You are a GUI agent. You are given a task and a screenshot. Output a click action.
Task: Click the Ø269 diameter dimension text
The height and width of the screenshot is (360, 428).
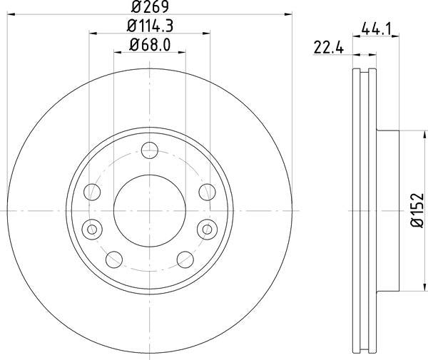pos(149,8)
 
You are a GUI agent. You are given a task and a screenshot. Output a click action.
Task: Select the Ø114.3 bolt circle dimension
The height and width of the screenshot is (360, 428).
pos(150,27)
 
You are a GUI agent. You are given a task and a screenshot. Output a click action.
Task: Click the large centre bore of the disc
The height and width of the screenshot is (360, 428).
pos(150,210)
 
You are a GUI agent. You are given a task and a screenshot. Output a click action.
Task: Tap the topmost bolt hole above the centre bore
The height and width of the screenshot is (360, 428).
pos(150,150)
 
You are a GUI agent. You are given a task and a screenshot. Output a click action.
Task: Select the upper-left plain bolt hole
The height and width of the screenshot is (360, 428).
pos(93,191)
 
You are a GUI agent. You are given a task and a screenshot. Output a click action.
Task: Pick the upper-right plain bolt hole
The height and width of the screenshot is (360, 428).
pos(207,191)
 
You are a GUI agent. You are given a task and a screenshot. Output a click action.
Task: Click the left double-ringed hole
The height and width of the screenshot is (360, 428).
pos(91,229)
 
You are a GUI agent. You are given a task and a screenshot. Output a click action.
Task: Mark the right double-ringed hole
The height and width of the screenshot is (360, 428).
pos(208,229)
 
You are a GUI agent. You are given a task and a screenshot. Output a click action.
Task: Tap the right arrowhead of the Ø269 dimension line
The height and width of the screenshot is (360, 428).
pos(289,14)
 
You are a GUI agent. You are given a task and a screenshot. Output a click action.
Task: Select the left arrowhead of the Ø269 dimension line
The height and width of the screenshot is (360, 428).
pos(11,14)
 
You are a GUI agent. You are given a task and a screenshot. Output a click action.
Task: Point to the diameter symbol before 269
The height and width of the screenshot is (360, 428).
pos(136,8)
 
